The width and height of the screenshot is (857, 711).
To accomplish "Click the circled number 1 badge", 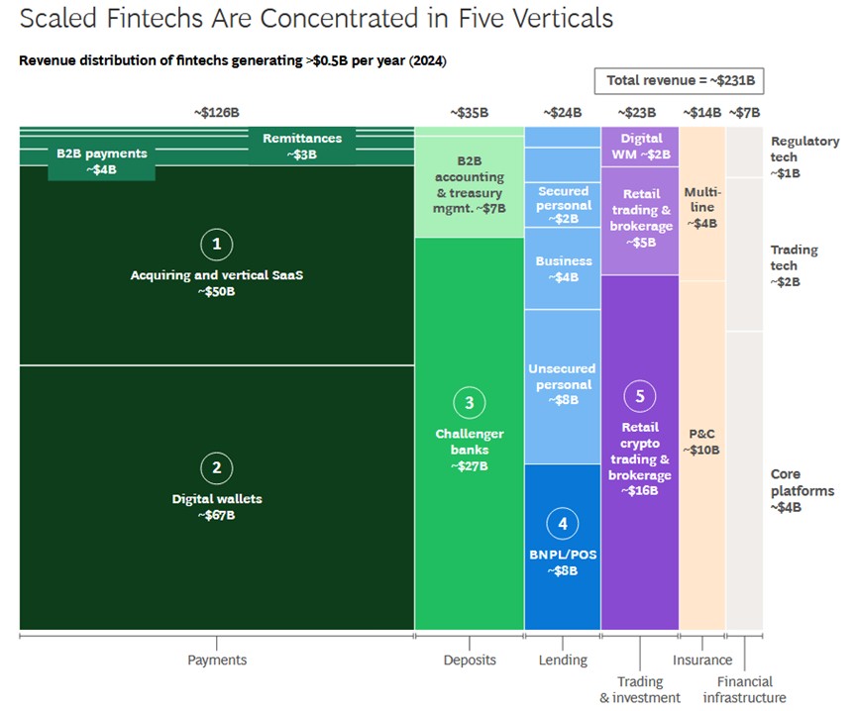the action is tap(216, 244).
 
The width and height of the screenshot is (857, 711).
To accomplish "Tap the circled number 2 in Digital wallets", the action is tap(216, 468).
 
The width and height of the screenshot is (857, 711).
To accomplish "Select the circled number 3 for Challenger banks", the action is tap(469, 403).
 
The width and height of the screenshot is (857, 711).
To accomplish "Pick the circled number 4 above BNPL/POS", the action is tap(563, 524).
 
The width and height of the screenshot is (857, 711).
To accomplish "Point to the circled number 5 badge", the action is tap(639, 396).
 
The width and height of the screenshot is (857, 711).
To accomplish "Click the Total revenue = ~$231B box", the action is tap(679, 81).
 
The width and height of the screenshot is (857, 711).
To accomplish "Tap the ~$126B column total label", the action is tap(216, 113).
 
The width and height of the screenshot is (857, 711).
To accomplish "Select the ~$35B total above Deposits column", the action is tap(469, 113).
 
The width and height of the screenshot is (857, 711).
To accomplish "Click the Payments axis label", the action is tap(217, 660).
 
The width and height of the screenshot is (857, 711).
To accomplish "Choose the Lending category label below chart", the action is tap(563, 660).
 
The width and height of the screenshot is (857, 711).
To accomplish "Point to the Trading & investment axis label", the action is tap(640, 689).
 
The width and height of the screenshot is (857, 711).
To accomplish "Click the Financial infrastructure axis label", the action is tap(744, 689).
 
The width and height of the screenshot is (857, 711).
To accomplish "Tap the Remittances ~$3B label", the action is tap(302, 147).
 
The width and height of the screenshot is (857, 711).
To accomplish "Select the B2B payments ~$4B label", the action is tap(102, 161).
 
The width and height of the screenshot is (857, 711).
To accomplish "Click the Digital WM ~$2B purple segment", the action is tap(640, 147).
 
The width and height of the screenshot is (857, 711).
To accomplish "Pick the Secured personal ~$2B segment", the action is tap(563, 205).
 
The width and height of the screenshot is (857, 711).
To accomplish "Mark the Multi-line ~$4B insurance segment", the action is tap(702, 204).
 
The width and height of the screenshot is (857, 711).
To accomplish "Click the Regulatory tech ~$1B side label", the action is tap(804, 157).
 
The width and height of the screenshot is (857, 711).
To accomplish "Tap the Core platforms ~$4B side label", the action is tap(802, 490).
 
